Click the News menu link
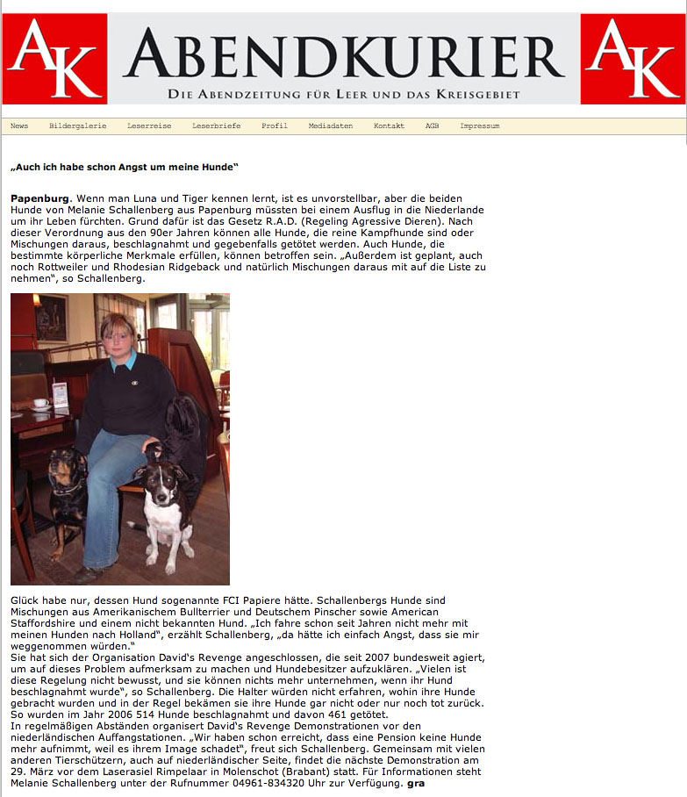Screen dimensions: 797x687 click(x=19, y=126)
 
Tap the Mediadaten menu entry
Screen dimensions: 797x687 click(x=330, y=126)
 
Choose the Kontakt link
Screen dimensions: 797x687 click(x=389, y=126)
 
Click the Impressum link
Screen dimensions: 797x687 click(x=479, y=126)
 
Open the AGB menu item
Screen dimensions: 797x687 click(x=432, y=126)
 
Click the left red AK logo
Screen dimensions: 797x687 click(x=54, y=59)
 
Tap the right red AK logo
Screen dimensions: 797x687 click(x=633, y=59)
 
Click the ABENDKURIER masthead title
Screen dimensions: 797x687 click(x=344, y=53)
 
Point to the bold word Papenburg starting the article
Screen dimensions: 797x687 click(x=39, y=199)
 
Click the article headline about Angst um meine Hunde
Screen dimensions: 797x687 click(x=125, y=166)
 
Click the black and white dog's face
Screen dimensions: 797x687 click(x=166, y=480)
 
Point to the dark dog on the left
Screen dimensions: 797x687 click(x=67, y=492)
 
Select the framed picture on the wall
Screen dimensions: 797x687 click(x=51, y=317)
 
